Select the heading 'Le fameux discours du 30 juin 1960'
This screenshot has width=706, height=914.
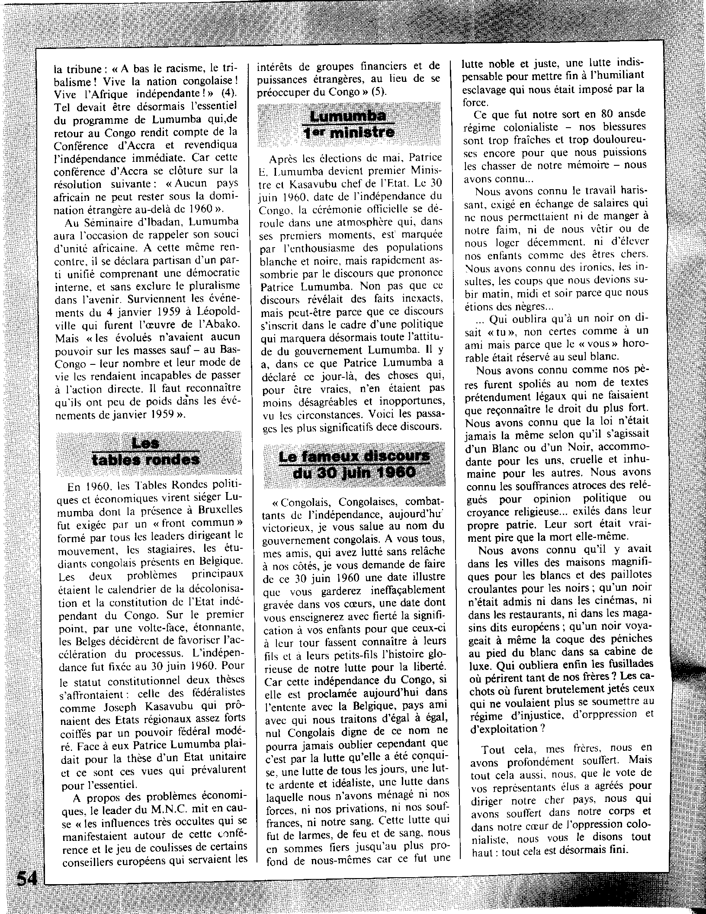pos(354,464)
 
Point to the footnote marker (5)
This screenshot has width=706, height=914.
pos(379,92)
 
